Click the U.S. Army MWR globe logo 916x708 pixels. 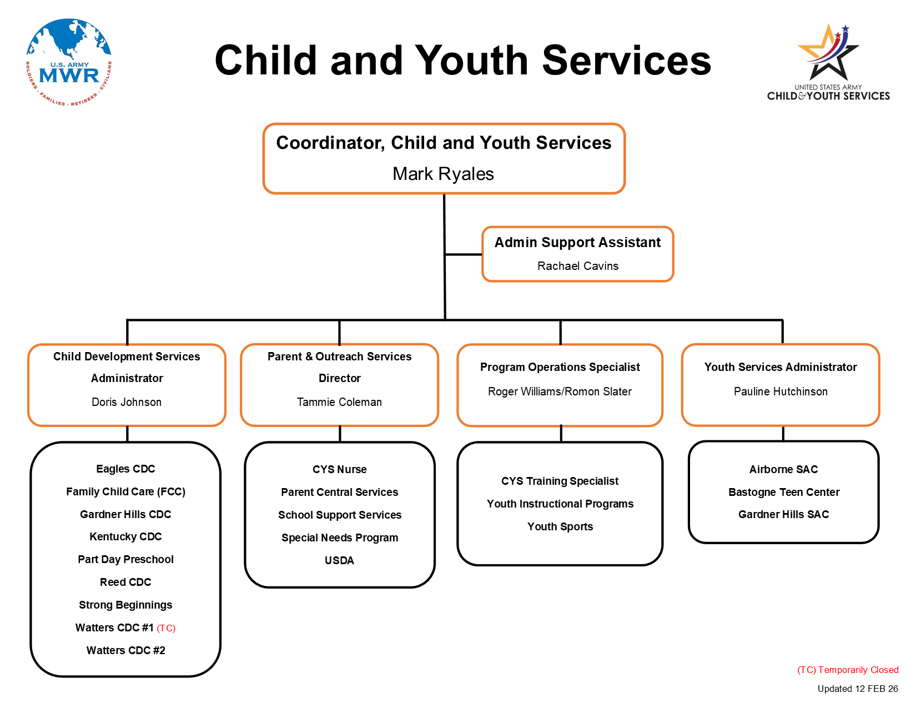pos(69,62)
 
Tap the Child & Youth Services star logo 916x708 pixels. pos(828,61)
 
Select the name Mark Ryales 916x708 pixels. pos(443,174)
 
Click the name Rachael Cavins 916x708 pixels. pos(577,266)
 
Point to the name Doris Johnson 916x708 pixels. pos(127,402)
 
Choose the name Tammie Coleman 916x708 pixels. pos(339,402)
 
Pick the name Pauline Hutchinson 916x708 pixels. pos(781,391)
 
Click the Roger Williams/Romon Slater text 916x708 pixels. pos(560,391)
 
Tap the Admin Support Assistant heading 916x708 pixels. pos(577,243)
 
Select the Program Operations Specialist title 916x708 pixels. pos(560,367)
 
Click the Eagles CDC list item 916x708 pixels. pos(125,469)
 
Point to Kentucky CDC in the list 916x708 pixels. pos(125,537)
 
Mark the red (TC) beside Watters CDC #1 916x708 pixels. pos(166,628)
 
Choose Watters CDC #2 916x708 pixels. pos(125,650)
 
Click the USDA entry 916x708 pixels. pos(339,560)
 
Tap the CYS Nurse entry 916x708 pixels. pos(339,470)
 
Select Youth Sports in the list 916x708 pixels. pos(560,526)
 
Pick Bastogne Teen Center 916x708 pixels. pos(783,492)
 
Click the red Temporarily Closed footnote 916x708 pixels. pos(847,670)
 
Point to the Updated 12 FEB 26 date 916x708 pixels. pos(857,689)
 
